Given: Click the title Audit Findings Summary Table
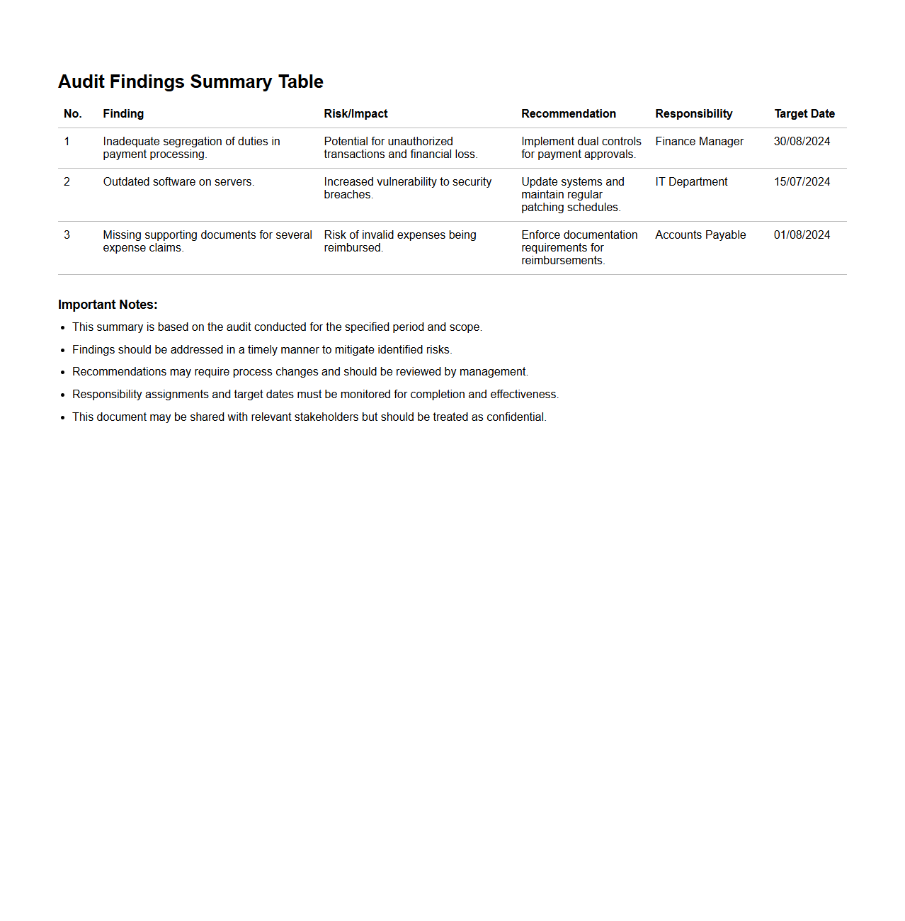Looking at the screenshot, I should (x=190, y=81).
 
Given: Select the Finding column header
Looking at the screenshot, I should (x=123, y=113).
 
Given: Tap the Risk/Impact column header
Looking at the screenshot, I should (x=355, y=113).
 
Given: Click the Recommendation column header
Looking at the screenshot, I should (x=568, y=113).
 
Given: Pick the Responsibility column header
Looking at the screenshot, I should (x=693, y=113).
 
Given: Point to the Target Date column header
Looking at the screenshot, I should (x=804, y=113).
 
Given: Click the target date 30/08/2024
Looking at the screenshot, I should (x=802, y=141).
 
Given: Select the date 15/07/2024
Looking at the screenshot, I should (x=802, y=181).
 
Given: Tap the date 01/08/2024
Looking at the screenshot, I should (x=802, y=235).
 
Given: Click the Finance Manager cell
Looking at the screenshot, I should (x=699, y=141).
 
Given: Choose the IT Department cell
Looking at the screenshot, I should (x=691, y=181).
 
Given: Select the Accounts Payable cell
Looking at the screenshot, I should (x=700, y=235).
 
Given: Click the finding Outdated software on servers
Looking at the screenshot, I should (x=178, y=181).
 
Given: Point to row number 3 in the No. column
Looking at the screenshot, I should (x=67, y=235).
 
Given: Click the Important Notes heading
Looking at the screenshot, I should (x=108, y=305).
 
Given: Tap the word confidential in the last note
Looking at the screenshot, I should (x=516, y=417).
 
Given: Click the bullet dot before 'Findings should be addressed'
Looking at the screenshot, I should (x=63, y=350).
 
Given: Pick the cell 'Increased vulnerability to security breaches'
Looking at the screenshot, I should (x=407, y=188).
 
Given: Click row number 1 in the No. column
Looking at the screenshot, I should (x=67, y=141).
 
